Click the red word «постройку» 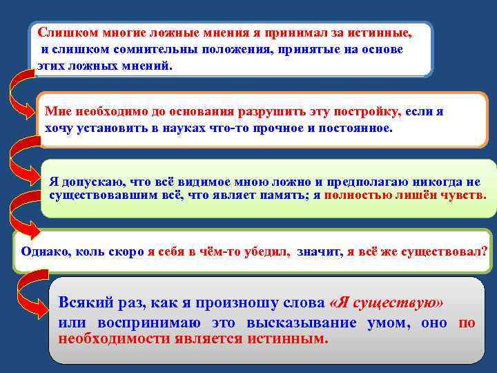click(x=363, y=111)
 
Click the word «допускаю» click(x=92, y=181)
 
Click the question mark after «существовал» click(x=485, y=251)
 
